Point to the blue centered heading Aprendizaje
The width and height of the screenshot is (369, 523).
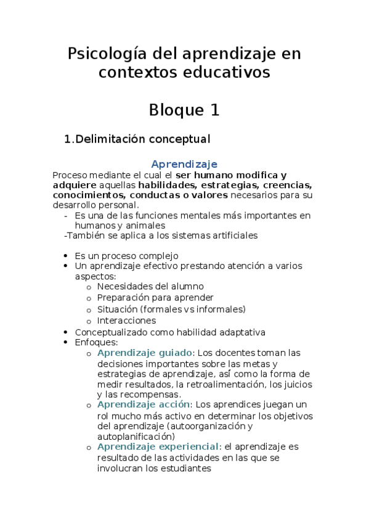(x=184, y=164)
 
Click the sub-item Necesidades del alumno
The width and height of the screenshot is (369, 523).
(x=150, y=286)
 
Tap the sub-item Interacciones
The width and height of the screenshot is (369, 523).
(x=126, y=321)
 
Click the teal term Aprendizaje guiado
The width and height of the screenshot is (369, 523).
(x=145, y=353)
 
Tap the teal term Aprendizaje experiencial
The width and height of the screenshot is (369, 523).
(x=158, y=447)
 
